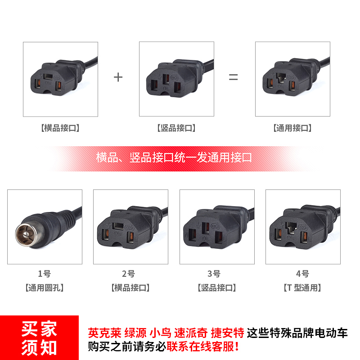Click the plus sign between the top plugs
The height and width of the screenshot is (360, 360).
tap(118, 77)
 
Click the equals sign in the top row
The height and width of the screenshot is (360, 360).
tap(233, 77)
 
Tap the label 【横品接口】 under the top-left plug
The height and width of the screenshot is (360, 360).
tap(60, 128)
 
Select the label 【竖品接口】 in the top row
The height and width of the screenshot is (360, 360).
tap(176, 128)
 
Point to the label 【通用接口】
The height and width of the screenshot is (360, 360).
tap(292, 128)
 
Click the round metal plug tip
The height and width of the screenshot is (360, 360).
tap(25, 234)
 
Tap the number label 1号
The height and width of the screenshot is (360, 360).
tap(45, 274)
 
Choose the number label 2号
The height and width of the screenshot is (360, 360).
tap(130, 274)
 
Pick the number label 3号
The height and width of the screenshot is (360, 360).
tap(217, 274)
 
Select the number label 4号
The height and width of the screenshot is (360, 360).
tap(303, 274)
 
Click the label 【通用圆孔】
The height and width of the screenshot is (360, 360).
tap(45, 288)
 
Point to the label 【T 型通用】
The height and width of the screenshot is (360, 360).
tap(303, 288)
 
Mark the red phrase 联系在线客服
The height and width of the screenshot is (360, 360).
tap(200, 347)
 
